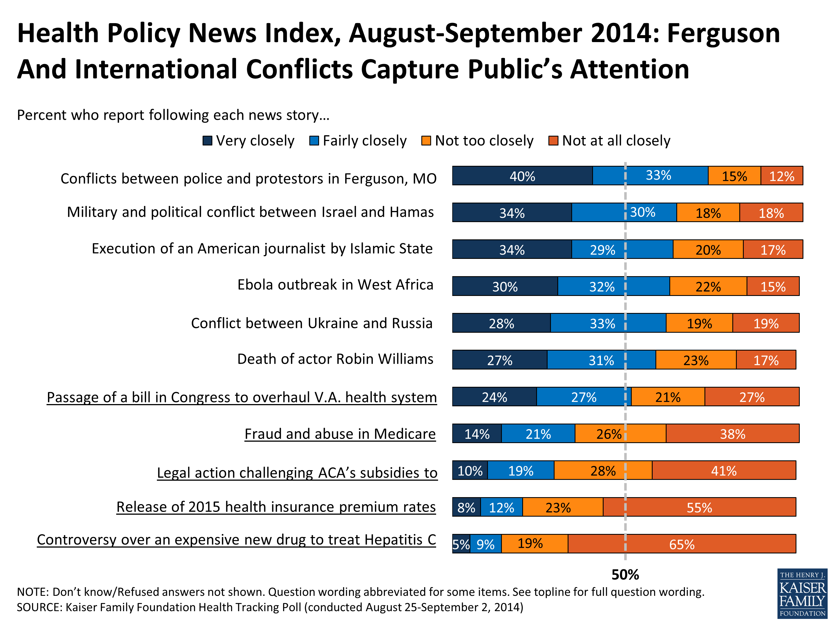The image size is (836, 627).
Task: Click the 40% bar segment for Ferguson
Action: (x=522, y=176)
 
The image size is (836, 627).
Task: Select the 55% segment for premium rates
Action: (x=699, y=507)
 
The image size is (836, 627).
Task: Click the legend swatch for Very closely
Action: (x=207, y=141)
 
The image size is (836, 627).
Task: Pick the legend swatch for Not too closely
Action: (x=426, y=141)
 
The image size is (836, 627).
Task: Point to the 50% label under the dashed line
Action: (x=625, y=574)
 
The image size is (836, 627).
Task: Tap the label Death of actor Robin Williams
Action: (x=335, y=359)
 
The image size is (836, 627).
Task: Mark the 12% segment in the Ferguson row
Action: (x=782, y=176)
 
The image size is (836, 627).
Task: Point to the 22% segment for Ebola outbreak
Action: (x=708, y=286)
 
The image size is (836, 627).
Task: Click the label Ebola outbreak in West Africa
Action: (x=335, y=285)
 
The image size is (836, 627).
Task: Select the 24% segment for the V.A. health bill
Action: (x=494, y=397)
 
